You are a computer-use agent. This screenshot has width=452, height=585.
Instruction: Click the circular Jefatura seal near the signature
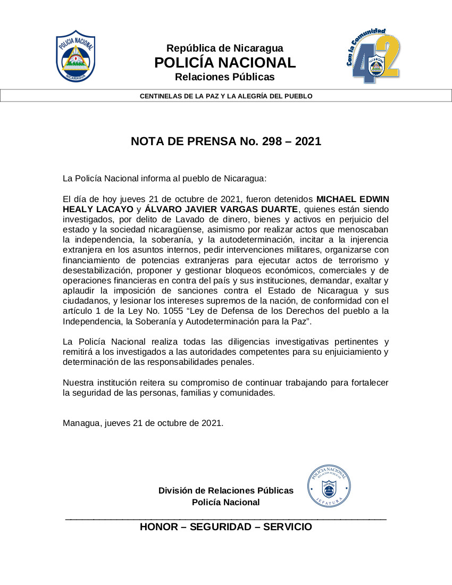pyautogui.click(x=329, y=485)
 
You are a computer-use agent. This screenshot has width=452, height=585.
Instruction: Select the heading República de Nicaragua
pyautogui.click(x=225, y=48)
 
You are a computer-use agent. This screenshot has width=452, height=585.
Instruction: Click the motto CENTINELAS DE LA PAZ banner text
pyautogui.click(x=226, y=96)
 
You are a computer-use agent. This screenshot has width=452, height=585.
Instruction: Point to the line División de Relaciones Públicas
pyautogui.click(x=226, y=490)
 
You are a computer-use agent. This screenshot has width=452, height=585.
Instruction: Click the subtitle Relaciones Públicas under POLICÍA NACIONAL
pyautogui.click(x=225, y=77)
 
